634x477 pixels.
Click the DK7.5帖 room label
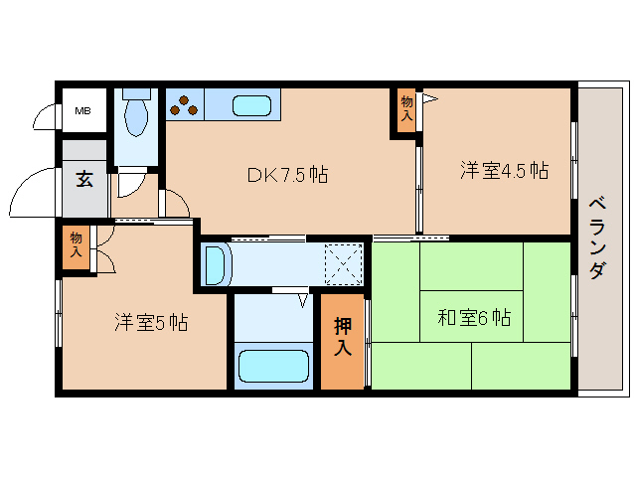coord(287,175)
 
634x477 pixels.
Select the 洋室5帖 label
coord(150,322)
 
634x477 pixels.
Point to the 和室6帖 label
coord(474,318)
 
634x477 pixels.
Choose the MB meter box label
coord(83,110)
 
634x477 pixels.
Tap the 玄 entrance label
coord(84,180)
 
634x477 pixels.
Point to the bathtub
coord(273,364)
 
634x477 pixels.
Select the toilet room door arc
coord(128,184)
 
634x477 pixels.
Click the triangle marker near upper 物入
coord(430,98)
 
